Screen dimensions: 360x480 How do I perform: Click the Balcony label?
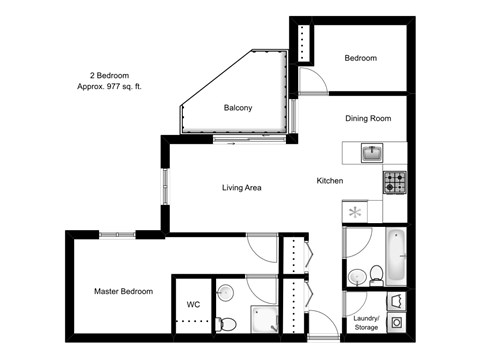click(237, 108)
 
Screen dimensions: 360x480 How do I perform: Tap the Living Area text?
click(241, 187)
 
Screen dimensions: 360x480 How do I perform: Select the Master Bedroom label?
click(123, 291)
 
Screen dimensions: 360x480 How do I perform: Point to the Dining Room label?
click(367, 118)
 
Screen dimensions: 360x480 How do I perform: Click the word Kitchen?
click(330, 181)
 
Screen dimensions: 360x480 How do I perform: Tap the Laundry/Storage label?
click(366, 322)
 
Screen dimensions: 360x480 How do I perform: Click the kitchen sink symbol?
click(372, 153)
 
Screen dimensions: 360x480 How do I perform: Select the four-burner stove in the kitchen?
click(394, 183)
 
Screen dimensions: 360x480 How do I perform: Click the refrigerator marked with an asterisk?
click(355, 211)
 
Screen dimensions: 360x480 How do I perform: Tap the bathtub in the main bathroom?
click(396, 255)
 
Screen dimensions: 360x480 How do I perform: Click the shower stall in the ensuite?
click(262, 318)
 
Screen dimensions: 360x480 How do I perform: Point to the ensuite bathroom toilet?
click(227, 321)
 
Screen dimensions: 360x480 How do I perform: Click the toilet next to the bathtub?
click(375, 273)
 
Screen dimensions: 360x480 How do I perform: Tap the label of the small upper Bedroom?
click(361, 59)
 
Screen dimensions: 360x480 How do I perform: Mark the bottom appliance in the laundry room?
click(397, 323)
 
